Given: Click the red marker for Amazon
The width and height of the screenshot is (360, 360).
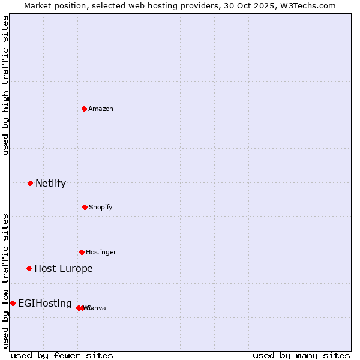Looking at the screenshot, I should (x=85, y=109).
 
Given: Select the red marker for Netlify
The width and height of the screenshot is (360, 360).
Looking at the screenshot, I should (x=30, y=183).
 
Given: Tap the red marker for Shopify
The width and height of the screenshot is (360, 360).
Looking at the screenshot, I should (x=85, y=207).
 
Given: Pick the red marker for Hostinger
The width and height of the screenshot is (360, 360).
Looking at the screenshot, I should (x=82, y=252).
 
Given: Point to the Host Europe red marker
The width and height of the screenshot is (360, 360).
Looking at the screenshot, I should (x=29, y=268).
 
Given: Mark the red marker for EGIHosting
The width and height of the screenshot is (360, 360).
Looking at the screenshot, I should (x=13, y=303).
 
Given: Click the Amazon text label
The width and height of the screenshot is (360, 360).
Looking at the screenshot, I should (x=101, y=109).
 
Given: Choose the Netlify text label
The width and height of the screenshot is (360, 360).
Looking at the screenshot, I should (x=50, y=183).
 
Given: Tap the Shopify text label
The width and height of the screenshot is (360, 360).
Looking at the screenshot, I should (x=101, y=207).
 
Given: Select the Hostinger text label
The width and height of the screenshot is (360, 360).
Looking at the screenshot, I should (x=101, y=252).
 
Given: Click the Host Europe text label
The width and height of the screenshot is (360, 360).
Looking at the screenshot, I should (x=63, y=268).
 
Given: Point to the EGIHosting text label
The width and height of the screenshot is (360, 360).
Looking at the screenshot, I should (x=44, y=303).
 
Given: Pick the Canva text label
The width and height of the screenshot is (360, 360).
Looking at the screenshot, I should (x=97, y=308).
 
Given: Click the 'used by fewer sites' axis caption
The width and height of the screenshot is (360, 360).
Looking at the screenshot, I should (x=62, y=355).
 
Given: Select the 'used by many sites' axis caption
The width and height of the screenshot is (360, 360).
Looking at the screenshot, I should (x=301, y=355).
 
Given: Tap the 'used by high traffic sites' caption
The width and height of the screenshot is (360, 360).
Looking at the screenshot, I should (x=5, y=85).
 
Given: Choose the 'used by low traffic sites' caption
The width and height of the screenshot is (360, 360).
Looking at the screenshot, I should (x=5, y=281).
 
